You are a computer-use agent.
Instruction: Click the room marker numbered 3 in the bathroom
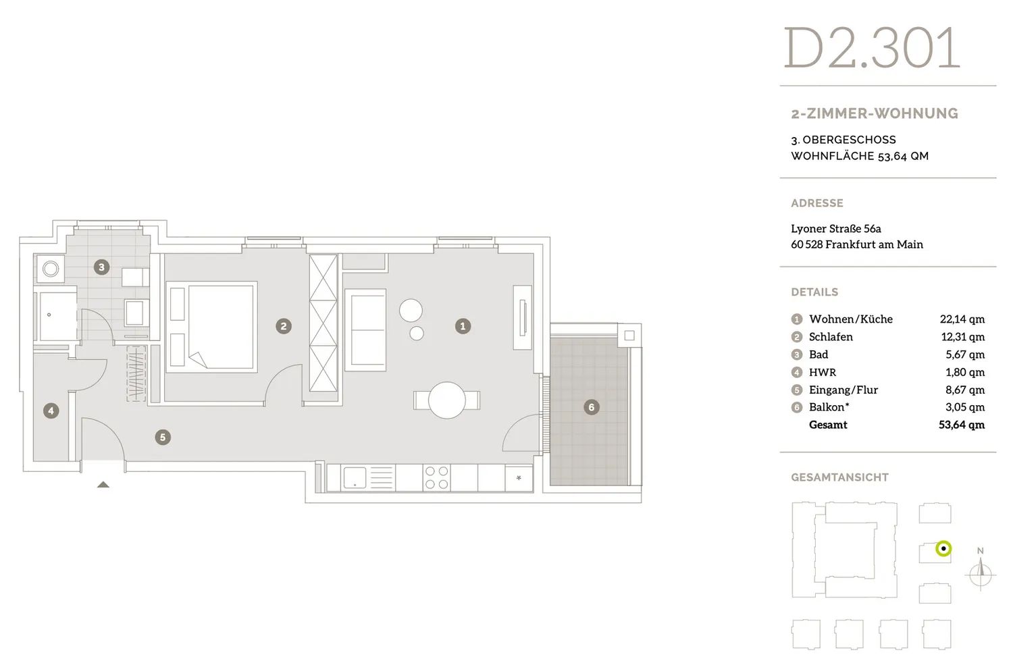pos(101,267)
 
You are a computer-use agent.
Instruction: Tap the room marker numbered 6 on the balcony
pos(591,407)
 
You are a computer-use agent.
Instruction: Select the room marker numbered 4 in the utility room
pos(51,411)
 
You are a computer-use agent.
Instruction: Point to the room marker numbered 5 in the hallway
pos(163,438)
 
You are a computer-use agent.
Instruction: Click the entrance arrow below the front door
pos(103,485)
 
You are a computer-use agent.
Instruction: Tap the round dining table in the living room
pos(447,400)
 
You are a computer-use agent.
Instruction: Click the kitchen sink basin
pos(355,477)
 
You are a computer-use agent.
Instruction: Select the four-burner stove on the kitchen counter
pos(436,477)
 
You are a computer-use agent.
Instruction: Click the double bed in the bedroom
pos(211,327)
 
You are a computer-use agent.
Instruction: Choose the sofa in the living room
pos(365,329)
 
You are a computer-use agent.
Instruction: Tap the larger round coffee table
pos(411,311)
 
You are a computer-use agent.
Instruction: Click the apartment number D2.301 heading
pos(872,48)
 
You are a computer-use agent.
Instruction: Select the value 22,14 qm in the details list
pos(962,319)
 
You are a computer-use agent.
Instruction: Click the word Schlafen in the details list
pos(831,337)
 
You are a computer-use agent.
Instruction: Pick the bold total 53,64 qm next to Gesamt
pos(962,425)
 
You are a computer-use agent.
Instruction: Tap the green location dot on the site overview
pos(943,548)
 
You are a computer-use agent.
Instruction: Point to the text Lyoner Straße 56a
pos(836,229)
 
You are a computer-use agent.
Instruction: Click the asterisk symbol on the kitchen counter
pos(519,477)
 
